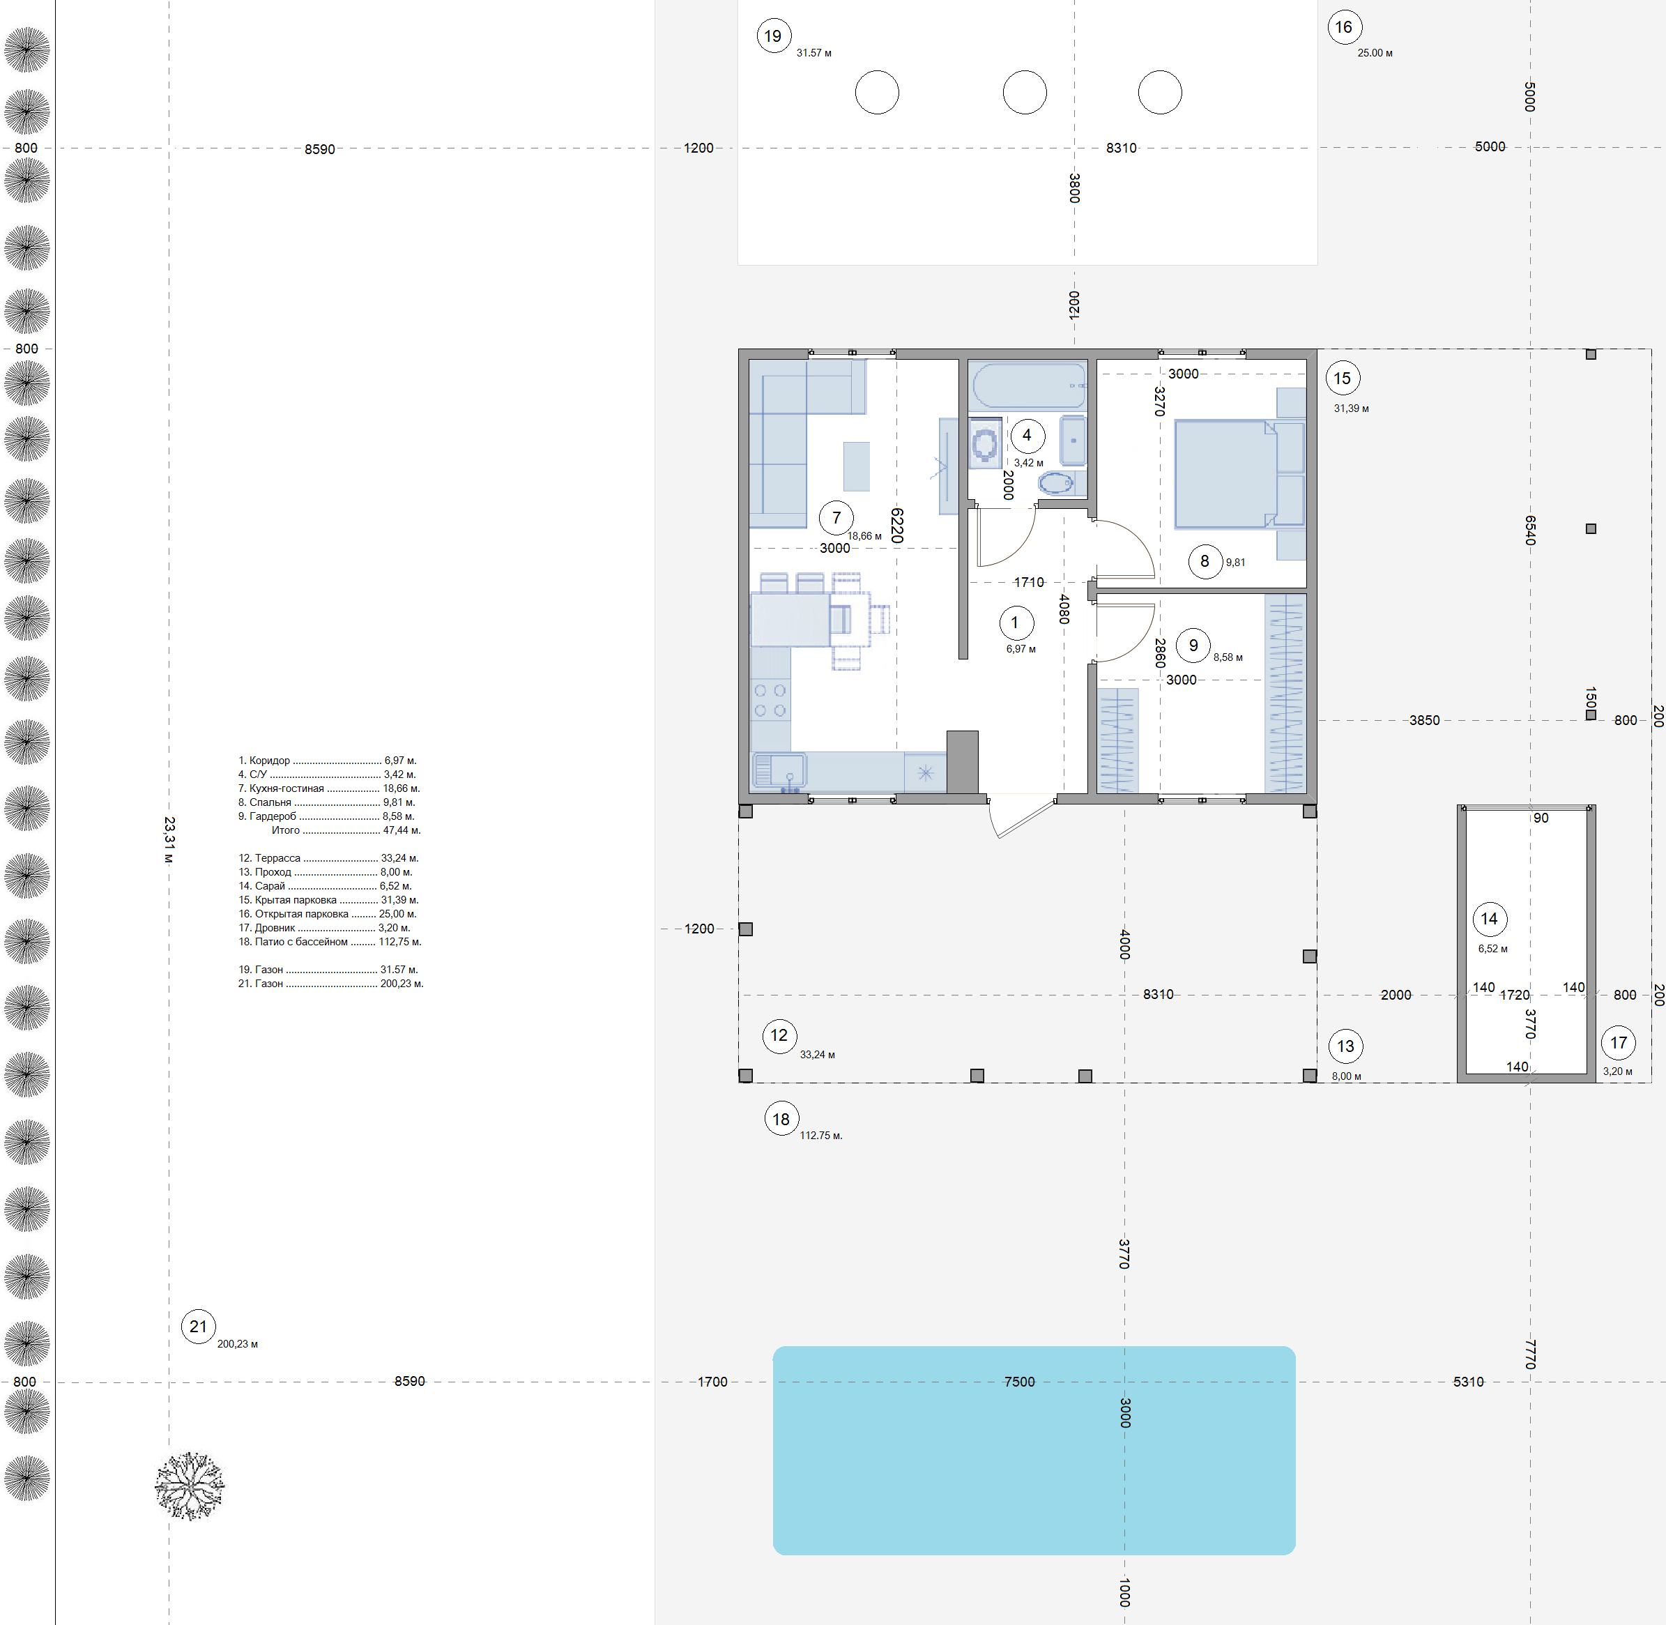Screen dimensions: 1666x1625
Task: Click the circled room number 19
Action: click(x=773, y=36)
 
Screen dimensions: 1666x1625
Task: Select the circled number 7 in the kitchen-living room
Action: click(x=836, y=517)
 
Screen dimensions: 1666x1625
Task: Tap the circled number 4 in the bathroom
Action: click(x=1027, y=435)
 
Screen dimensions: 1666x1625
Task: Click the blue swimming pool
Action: click(x=1034, y=1450)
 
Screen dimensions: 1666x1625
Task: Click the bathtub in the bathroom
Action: click(x=1030, y=386)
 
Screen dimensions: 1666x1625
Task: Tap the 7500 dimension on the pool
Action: click(x=1019, y=1382)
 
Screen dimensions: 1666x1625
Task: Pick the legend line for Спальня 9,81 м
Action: click(x=326, y=802)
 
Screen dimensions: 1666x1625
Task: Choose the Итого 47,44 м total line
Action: click(x=346, y=830)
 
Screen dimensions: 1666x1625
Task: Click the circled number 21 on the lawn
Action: click(x=199, y=1327)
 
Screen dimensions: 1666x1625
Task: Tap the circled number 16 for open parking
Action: click(x=1344, y=27)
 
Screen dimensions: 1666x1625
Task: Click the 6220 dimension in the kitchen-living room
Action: click(x=897, y=525)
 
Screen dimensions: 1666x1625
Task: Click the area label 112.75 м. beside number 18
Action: click(x=821, y=1135)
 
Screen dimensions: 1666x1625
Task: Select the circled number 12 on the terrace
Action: click(x=779, y=1036)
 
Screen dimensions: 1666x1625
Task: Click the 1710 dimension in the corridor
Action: click(x=1028, y=582)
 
